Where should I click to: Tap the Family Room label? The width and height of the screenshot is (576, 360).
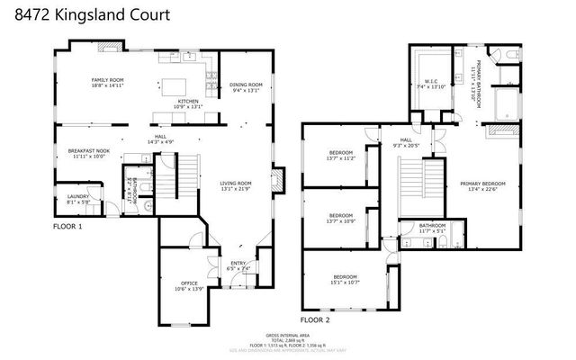click(107, 83)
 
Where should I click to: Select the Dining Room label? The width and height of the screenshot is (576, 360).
click(245, 86)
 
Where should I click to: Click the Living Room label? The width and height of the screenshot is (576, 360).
click(237, 187)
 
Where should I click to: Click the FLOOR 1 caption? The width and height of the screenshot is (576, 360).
click(69, 227)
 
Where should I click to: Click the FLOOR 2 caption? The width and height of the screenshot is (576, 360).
click(316, 319)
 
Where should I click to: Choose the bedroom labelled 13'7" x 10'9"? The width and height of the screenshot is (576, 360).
click(340, 218)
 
